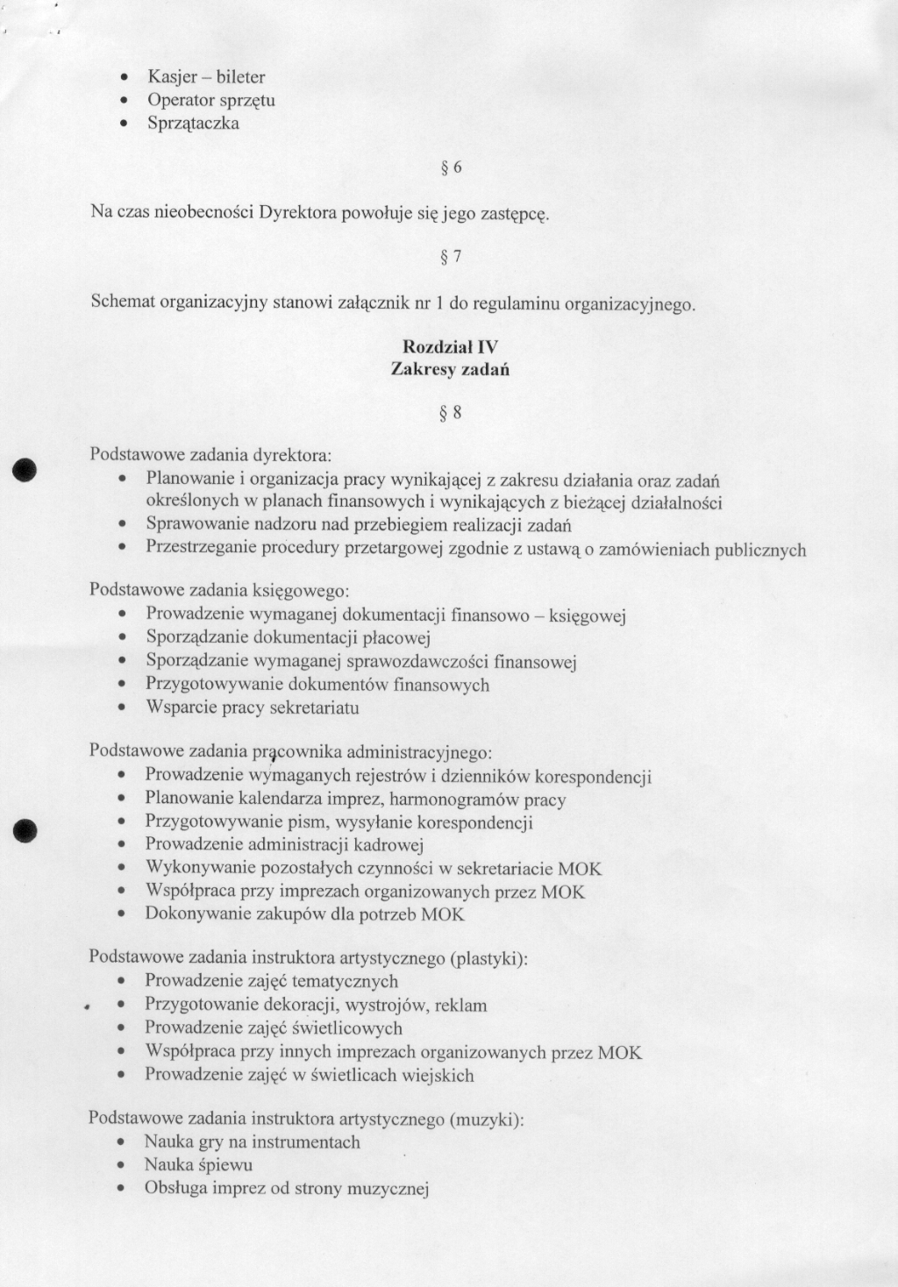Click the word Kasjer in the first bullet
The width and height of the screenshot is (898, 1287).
point(170,77)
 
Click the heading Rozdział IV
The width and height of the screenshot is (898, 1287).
point(450,347)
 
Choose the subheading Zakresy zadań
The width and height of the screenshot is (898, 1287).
point(450,370)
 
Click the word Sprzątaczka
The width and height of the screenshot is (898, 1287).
point(193,124)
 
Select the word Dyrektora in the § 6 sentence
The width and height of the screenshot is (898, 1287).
point(298,212)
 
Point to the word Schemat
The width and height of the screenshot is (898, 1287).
point(123,302)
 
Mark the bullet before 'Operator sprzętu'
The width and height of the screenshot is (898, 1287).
point(127,101)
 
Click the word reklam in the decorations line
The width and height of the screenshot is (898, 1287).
point(460,1006)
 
